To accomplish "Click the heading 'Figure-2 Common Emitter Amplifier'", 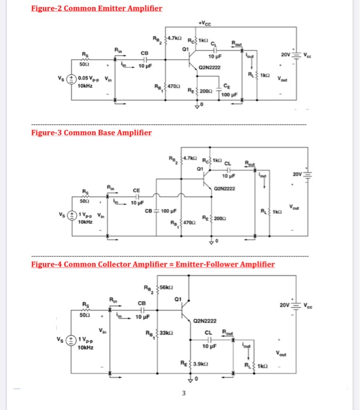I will click(x=97, y=8).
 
